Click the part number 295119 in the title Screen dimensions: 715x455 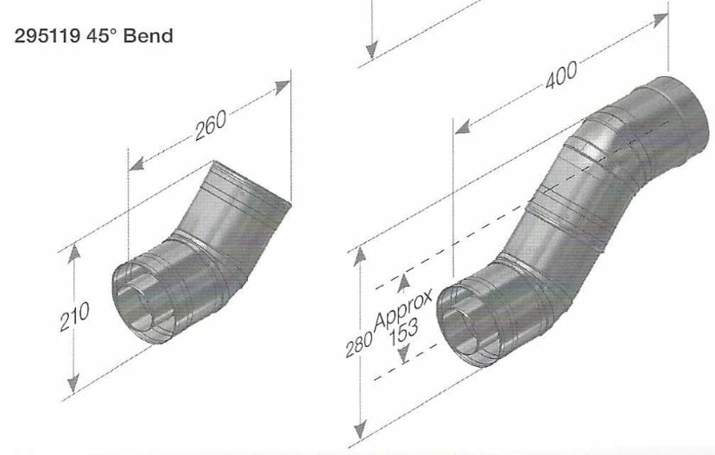pyautogui.click(x=47, y=35)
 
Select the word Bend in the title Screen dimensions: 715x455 pyautogui.click(x=149, y=35)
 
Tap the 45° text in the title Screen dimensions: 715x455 pyautogui.click(x=102, y=35)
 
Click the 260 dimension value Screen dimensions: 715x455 pyautogui.click(x=211, y=125)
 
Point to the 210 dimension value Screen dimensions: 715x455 pyautogui.click(x=74, y=317)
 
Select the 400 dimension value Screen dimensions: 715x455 pyautogui.click(x=561, y=74)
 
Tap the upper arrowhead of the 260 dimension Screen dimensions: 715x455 pyautogui.click(x=282, y=86)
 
